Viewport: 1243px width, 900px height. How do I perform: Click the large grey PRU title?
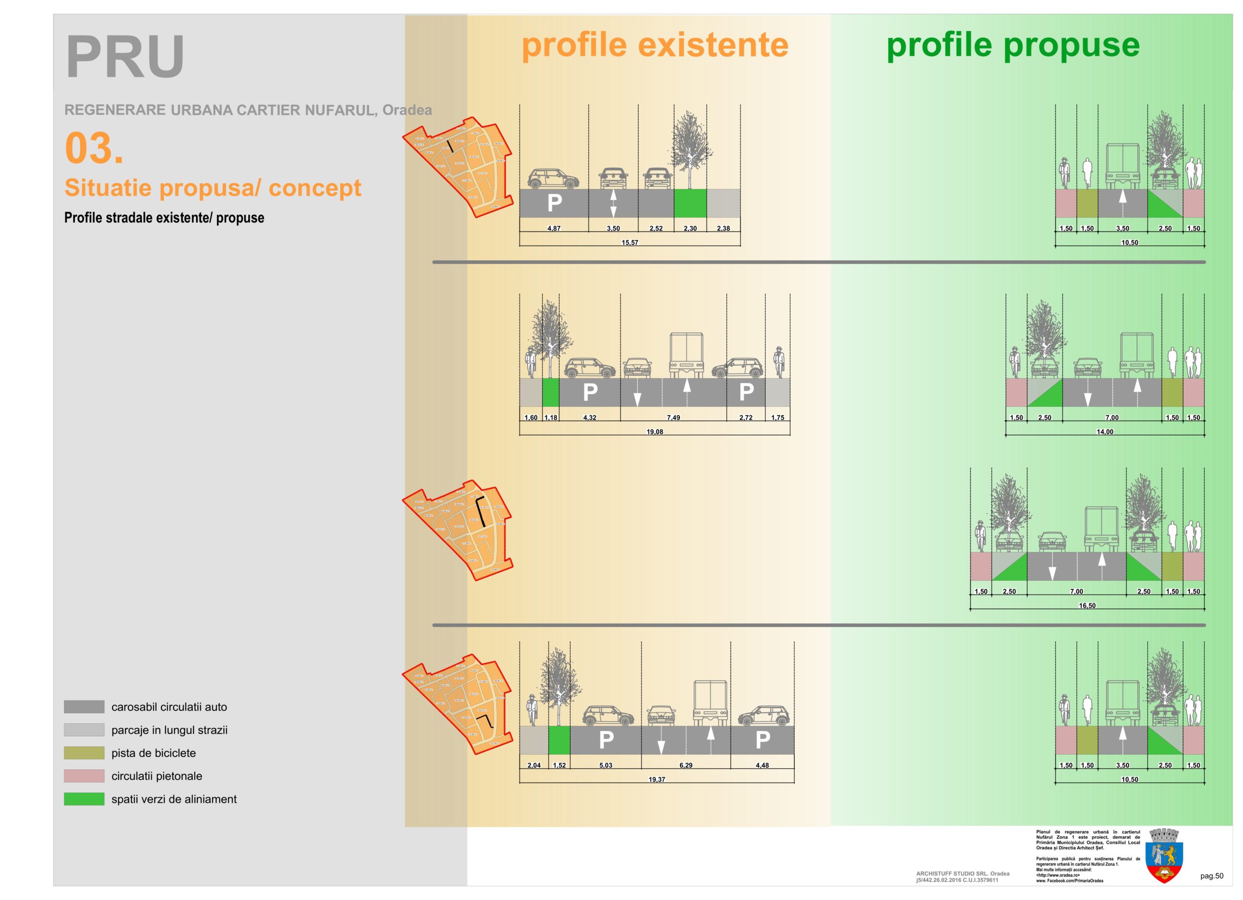pyautogui.click(x=125, y=57)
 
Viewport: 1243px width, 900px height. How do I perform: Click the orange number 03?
pyautogui.click(x=94, y=148)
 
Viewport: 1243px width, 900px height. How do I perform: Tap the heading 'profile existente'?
pyautogui.click(x=655, y=45)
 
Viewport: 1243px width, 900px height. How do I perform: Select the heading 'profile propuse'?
pyautogui.click(x=1013, y=45)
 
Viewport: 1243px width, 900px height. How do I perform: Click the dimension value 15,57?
pyautogui.click(x=630, y=242)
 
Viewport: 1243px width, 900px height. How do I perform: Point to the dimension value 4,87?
pyautogui.click(x=554, y=229)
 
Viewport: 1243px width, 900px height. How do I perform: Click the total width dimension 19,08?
pyautogui.click(x=655, y=432)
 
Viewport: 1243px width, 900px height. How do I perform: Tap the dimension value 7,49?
pyautogui.click(x=673, y=417)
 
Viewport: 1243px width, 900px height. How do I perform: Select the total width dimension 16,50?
pyautogui.click(x=1087, y=605)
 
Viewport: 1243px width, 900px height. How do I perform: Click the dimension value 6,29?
pyautogui.click(x=686, y=765)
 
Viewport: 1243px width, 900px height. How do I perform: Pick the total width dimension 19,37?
pyautogui.click(x=656, y=780)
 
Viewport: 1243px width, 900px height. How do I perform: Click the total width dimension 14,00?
pyautogui.click(x=1104, y=432)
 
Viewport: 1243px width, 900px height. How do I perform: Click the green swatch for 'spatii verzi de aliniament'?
pyautogui.click(x=84, y=799)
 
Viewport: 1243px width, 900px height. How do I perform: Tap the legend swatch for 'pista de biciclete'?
pyautogui.click(x=84, y=753)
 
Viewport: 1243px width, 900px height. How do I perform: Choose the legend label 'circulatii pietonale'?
pyautogui.click(x=157, y=776)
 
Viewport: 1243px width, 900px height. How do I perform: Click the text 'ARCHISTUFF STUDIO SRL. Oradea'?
pyautogui.click(x=962, y=874)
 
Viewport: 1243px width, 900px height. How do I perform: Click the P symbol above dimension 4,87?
pyautogui.click(x=554, y=203)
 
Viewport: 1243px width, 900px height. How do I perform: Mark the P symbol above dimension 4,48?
pyautogui.click(x=762, y=740)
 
